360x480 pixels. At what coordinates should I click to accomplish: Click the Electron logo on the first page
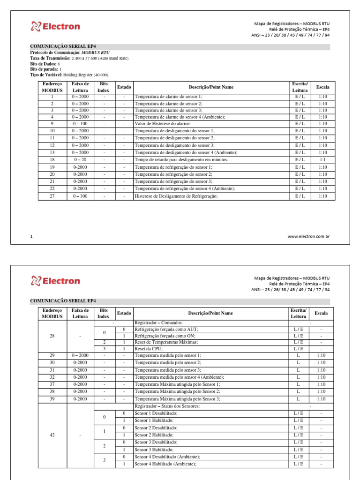click(x=55, y=26)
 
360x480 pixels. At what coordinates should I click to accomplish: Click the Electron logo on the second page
click(x=55, y=281)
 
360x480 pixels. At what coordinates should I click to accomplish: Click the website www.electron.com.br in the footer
click(x=308, y=237)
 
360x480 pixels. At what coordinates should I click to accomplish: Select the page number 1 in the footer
click(x=31, y=237)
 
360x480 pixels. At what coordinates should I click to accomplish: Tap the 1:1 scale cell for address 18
click(x=322, y=159)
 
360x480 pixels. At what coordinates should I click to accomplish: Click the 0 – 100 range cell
click(x=80, y=124)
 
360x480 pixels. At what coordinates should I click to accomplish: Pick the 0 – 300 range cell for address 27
click(x=80, y=196)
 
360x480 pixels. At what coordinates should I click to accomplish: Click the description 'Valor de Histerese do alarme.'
click(x=164, y=124)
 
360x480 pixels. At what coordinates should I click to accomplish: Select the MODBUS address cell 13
click(x=52, y=152)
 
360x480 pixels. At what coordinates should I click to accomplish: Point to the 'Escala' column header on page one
click(x=322, y=87)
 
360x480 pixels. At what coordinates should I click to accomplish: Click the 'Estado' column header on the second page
click(x=124, y=313)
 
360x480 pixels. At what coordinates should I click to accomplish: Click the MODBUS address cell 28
click(x=52, y=336)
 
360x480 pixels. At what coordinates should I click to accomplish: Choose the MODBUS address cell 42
click(x=52, y=435)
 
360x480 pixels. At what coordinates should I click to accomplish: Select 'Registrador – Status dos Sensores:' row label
click(x=167, y=406)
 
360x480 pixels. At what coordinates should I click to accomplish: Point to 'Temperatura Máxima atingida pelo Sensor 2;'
click(x=177, y=391)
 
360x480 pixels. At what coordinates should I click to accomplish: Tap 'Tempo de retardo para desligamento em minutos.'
click(x=181, y=159)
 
